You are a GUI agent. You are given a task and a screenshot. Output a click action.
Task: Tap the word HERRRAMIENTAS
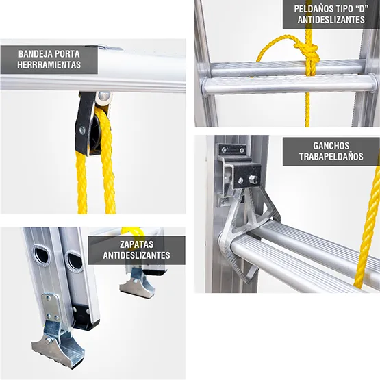(51, 66)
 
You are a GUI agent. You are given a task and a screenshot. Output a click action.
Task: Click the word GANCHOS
(331, 145)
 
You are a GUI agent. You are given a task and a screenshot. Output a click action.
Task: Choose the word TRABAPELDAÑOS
(331, 157)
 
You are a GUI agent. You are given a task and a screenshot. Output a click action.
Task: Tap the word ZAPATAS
(137, 244)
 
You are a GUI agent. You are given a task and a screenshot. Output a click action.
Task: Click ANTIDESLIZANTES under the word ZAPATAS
(137, 257)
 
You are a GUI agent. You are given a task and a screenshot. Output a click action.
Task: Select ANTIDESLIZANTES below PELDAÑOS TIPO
(331, 20)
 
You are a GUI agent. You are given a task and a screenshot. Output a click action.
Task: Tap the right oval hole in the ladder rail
(74, 261)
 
